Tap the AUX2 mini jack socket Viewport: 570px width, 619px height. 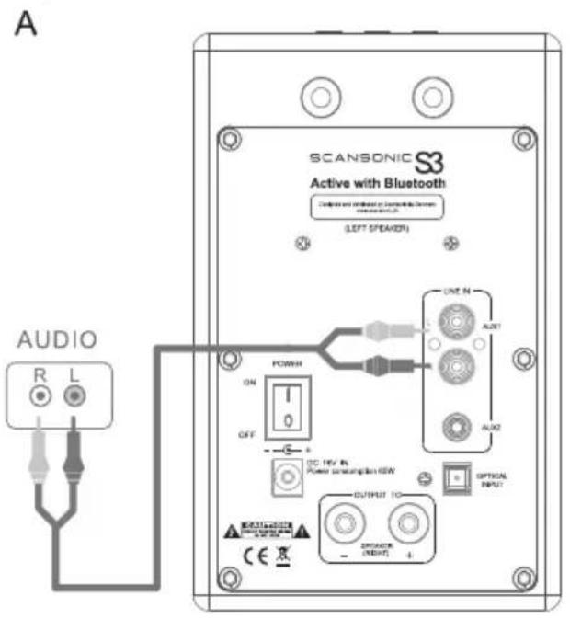tap(453, 427)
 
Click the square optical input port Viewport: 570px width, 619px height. tap(457, 478)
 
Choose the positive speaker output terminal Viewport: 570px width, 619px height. tap(405, 528)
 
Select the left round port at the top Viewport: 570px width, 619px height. tap(323, 92)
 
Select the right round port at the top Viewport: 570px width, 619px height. tap(429, 92)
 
